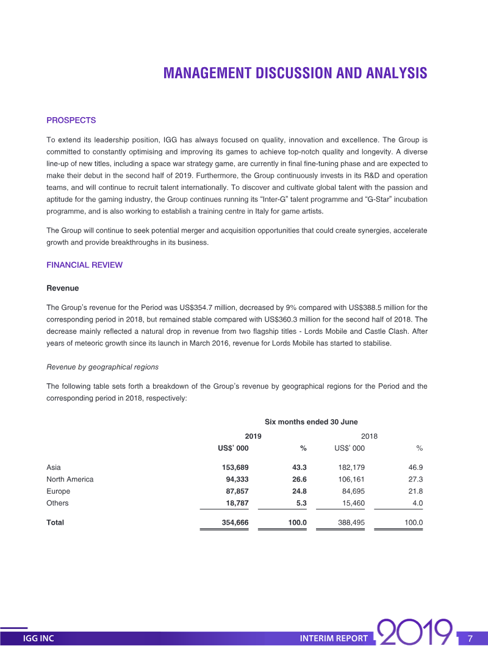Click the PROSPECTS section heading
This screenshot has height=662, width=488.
pyautogui.click(x=71, y=120)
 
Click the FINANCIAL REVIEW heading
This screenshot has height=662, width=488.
pyautogui.click(x=84, y=265)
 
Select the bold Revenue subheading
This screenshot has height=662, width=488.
pyautogui.click(x=62, y=287)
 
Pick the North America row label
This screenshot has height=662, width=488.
pyautogui.click(x=70, y=479)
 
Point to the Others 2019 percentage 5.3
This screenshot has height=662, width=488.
pyautogui.click(x=299, y=503)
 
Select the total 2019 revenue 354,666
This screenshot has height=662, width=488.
pyautogui.click(x=234, y=523)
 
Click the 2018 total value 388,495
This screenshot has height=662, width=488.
pyautogui.click(x=351, y=523)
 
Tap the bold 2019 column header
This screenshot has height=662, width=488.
pyautogui.click(x=253, y=436)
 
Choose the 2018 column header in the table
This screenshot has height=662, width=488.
pyautogui.click(x=370, y=436)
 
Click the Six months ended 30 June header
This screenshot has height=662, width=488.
pyautogui.click(x=311, y=422)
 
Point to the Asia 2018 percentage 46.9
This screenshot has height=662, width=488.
pyautogui.click(x=417, y=467)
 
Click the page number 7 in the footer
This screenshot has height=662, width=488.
pyautogui.click(x=470, y=639)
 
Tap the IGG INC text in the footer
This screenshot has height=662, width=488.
pyautogui.click(x=38, y=639)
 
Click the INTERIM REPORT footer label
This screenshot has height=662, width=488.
pyautogui.click(x=334, y=639)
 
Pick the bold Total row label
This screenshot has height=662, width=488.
pyautogui.click(x=55, y=523)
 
